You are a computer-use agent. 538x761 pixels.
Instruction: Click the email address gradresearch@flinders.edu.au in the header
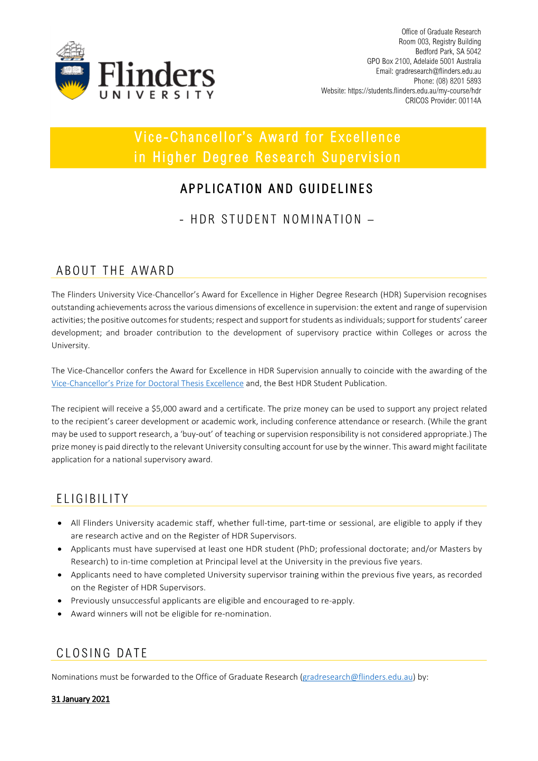438,71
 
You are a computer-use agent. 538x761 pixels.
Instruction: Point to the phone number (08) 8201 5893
458,81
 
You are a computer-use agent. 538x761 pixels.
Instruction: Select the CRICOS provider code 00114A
469,101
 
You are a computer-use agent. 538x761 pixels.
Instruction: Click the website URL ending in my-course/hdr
414,91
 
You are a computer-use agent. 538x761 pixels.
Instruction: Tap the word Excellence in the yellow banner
365,137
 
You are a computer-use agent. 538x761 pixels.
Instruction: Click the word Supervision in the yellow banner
361,157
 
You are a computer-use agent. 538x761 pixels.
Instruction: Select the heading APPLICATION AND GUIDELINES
276,189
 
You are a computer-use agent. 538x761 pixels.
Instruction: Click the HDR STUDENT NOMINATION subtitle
276,220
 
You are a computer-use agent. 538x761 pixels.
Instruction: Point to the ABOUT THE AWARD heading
115,271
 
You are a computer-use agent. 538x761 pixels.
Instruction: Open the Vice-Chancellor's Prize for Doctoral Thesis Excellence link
148,384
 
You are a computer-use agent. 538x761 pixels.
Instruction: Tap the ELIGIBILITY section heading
92,499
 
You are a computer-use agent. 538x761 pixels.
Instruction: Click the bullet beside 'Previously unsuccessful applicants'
60,601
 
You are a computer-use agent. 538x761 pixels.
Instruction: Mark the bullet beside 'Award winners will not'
60,614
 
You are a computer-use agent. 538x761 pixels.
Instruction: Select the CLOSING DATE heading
102,653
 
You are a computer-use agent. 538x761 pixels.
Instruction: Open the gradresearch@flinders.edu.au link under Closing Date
358,677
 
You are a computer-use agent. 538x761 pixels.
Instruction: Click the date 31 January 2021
81,699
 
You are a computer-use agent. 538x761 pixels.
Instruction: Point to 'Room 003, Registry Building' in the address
439,42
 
